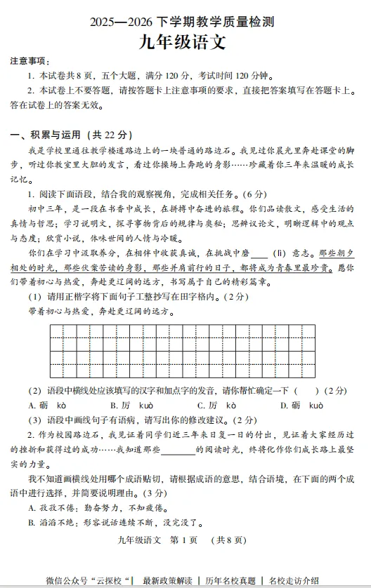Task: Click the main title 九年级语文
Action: tap(185, 43)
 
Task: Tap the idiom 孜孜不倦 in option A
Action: tap(54, 507)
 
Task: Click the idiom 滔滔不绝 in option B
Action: tap(54, 522)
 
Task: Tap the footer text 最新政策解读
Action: tap(167, 580)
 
